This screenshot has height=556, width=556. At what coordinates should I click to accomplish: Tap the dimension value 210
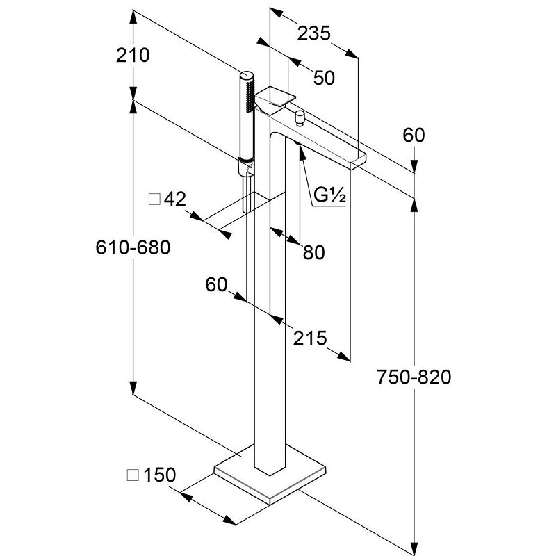click(132, 55)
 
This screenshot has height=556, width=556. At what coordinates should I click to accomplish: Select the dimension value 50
click(323, 78)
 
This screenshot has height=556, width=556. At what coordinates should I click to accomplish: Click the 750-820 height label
click(414, 377)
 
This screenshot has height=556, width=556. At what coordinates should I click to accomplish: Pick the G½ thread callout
click(329, 196)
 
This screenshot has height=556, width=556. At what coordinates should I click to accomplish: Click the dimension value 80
click(313, 253)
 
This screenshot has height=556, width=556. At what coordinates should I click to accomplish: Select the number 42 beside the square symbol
click(176, 199)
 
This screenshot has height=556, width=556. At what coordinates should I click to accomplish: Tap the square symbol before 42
click(154, 200)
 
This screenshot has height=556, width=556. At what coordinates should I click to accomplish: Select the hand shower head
click(246, 111)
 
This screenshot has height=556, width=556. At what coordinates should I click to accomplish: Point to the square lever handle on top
click(275, 96)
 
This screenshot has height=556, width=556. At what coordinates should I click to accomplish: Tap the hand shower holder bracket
click(244, 167)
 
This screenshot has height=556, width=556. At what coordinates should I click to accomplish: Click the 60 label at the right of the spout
click(413, 136)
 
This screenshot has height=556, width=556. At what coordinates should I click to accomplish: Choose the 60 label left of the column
click(217, 284)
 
